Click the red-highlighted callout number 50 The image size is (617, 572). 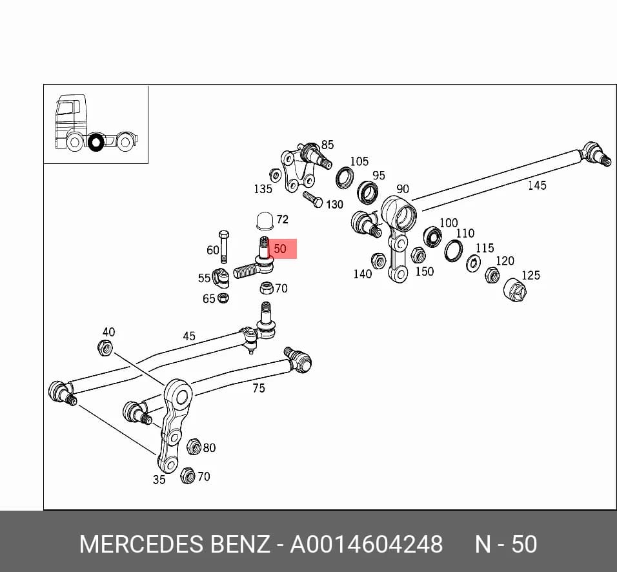click(x=279, y=249)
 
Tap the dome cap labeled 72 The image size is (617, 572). click(x=265, y=220)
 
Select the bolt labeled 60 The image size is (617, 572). click(x=224, y=247)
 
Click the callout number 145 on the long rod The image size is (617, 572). click(x=537, y=185)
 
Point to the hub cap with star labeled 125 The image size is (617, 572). click(x=516, y=290)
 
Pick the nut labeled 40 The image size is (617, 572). click(x=105, y=347)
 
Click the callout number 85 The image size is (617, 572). click(x=327, y=145)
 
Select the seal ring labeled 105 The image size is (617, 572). click(x=345, y=177)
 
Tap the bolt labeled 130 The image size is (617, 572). click(x=313, y=199)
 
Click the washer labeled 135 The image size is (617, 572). click(x=275, y=175)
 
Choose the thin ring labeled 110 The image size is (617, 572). click(x=453, y=250)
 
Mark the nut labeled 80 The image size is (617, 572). click(x=194, y=446)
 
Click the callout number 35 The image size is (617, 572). click(x=159, y=480)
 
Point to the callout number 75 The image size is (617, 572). click(x=259, y=388)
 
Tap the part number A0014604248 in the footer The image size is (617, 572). click(x=367, y=544)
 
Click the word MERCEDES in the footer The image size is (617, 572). click(x=142, y=544)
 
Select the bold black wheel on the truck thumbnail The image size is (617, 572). click(x=96, y=142)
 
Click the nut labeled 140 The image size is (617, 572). click(x=379, y=261)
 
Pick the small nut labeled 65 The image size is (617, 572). click(x=223, y=298)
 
